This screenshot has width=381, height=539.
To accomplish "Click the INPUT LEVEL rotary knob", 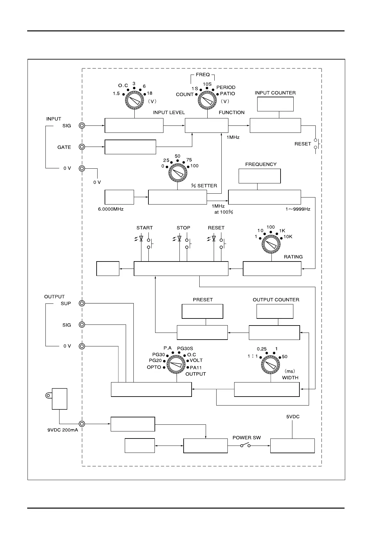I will tap(134, 101).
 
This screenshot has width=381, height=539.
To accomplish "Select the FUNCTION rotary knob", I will tap(207, 100).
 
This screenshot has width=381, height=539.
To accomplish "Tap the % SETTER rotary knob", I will tap(178, 173).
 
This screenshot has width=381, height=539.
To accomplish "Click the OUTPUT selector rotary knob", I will tap(176, 365).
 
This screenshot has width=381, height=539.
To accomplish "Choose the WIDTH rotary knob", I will tap(270, 365).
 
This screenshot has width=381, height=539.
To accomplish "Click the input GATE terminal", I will tap(82, 147).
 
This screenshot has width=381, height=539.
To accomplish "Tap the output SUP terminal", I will tap(82, 303).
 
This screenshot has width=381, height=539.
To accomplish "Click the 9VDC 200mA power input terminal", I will tap(82, 424).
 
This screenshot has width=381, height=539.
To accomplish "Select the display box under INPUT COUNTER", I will tap(275, 104).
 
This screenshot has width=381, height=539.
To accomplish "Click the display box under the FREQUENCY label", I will tap(259, 176).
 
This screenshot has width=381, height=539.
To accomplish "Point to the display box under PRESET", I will tap(202, 311).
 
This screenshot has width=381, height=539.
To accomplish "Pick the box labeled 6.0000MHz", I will tap(119, 197).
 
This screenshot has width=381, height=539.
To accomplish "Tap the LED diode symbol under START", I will tap(141, 239).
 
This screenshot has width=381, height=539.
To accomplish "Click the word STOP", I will tap(183, 228).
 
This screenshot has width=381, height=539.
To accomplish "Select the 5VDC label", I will tap(293, 417).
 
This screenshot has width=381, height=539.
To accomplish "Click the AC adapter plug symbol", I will tap(59, 398).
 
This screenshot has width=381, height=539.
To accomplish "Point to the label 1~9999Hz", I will tap(298, 209).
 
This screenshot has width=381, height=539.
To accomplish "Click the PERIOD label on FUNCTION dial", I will tap(226, 87).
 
